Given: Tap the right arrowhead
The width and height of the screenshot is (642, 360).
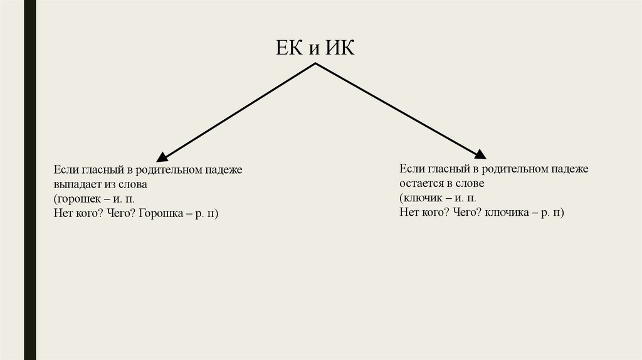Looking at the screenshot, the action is (x=480, y=154).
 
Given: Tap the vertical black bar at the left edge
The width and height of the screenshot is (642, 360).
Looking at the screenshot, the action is (x=29, y=180).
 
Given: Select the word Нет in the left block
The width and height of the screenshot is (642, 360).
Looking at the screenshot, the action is (x=62, y=214).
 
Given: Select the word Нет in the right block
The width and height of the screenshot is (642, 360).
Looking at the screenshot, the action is (x=408, y=213).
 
